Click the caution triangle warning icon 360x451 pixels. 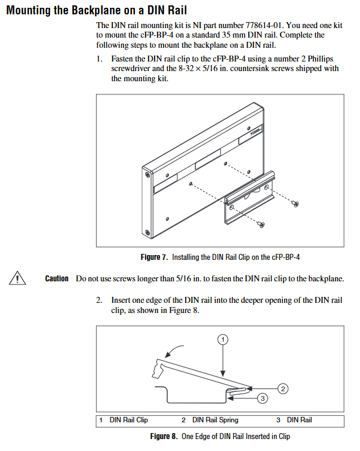(17, 278)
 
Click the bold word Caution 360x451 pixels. (57, 278)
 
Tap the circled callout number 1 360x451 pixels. (223, 340)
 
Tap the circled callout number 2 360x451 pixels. (283, 389)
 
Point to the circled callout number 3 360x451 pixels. (263, 398)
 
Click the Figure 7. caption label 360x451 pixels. (154, 257)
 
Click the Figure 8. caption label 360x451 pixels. (164, 436)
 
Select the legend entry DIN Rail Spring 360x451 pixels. (216, 420)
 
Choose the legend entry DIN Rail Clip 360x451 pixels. (128, 420)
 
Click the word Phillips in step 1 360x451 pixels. (321, 59)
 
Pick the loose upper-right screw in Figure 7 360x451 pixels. (296, 204)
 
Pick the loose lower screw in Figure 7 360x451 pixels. (261, 224)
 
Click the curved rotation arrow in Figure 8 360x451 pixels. (173, 349)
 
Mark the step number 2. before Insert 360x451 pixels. (99, 300)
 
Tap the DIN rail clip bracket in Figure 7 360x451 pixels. (250, 198)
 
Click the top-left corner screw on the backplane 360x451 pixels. (148, 174)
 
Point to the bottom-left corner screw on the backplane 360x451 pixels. (147, 232)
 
